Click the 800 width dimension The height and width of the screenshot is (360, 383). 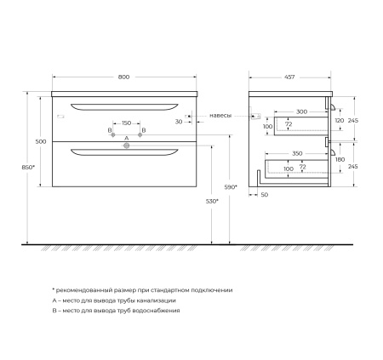point(125,77)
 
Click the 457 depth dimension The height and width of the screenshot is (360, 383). point(290,77)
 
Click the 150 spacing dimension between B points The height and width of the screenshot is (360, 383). point(127,123)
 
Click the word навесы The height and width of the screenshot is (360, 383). point(220,113)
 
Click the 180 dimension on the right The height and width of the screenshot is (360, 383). point(340,159)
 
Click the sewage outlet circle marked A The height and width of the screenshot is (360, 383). point(127,146)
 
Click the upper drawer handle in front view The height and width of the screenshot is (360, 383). point(126,106)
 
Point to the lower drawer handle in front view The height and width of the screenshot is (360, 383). point(126,152)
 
